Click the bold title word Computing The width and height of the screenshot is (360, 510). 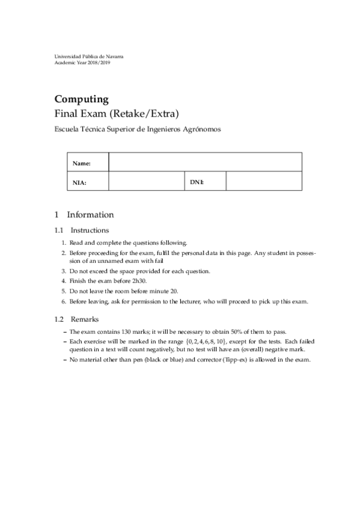81,99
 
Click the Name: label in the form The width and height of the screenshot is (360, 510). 81,164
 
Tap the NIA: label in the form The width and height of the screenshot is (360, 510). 80,182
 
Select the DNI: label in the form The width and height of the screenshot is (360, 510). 197,181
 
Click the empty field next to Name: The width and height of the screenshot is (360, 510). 204,162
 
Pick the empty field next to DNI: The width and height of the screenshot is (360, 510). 263,181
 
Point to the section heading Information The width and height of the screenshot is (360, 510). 90,215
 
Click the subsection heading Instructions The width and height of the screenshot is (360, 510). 90,230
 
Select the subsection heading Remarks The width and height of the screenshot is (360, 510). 85,319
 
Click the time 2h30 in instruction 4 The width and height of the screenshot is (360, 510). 139,281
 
